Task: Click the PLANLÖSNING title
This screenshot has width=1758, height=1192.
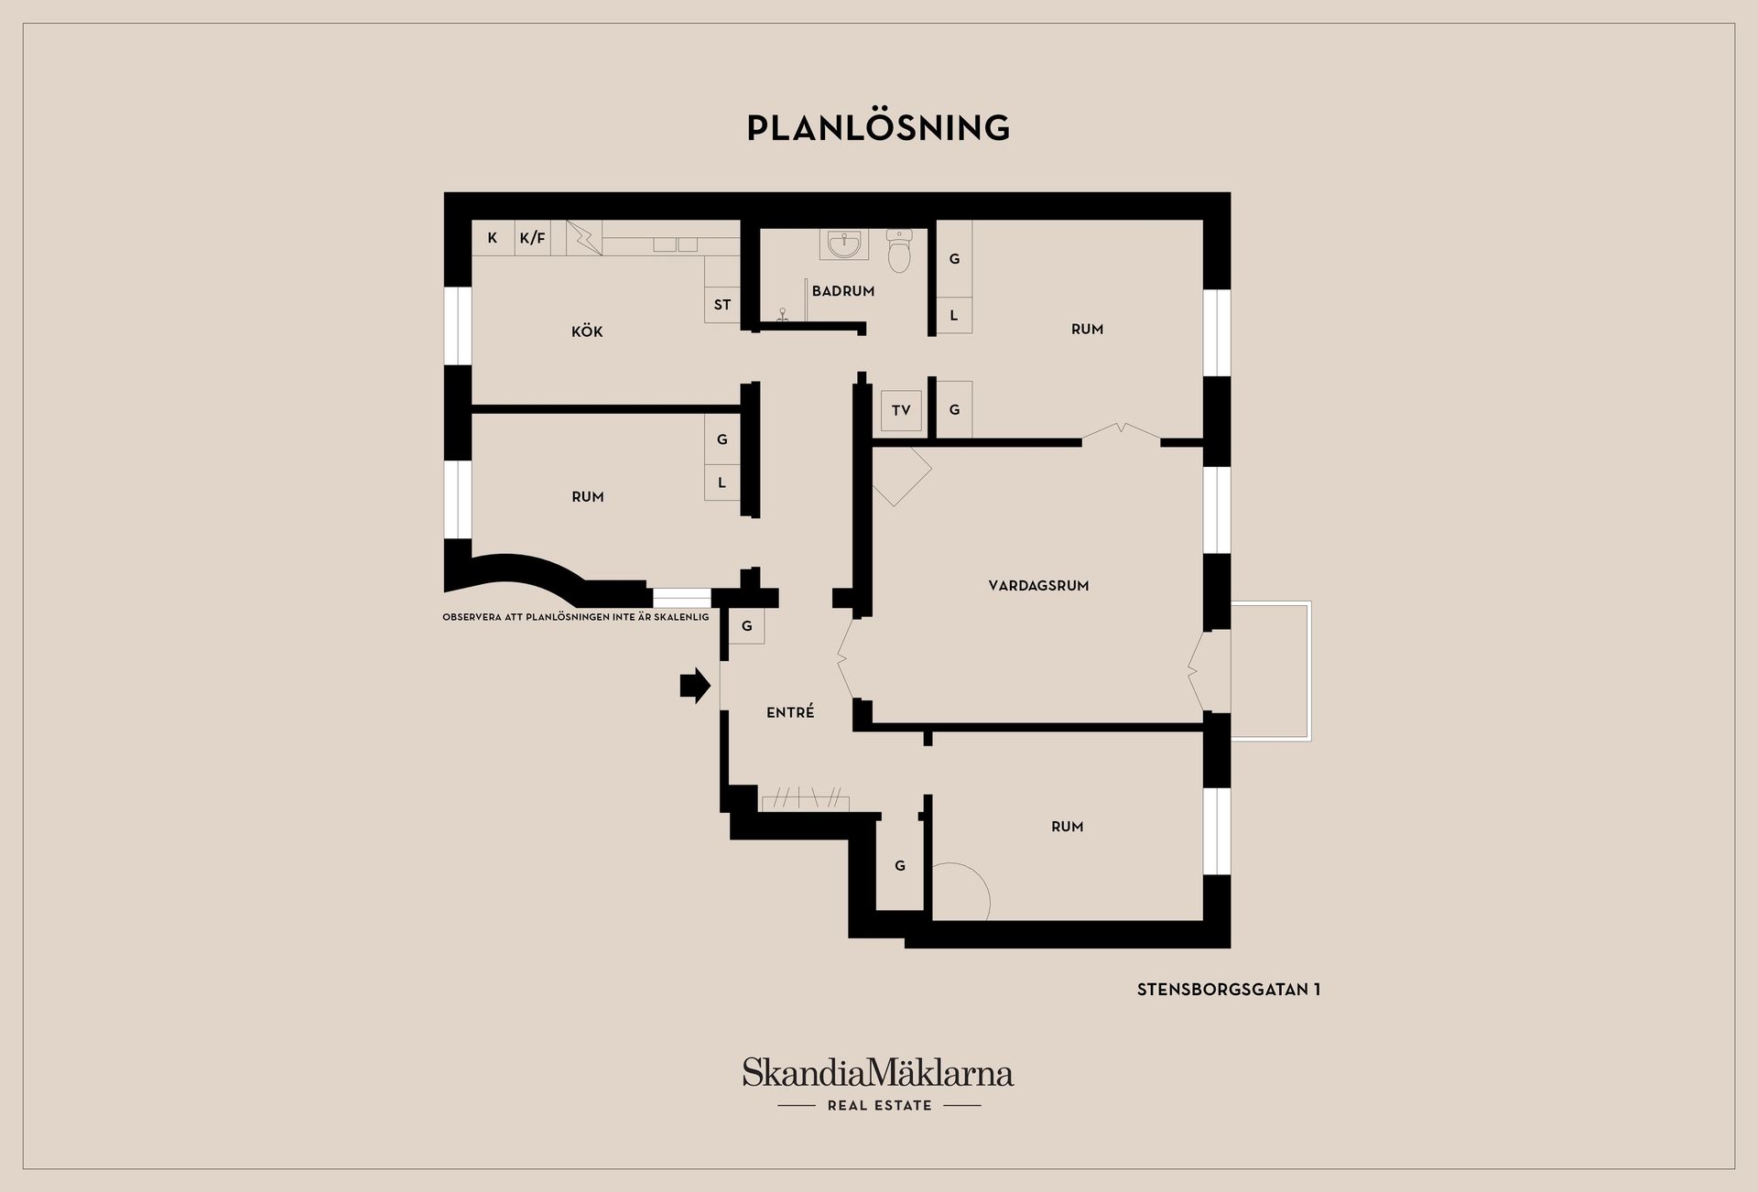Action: coord(878,127)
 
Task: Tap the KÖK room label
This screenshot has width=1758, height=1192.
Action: coord(587,331)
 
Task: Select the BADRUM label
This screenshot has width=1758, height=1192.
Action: coord(843,291)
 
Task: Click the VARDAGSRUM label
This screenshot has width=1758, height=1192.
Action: coord(1038,586)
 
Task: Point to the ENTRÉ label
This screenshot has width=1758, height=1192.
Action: coord(790,712)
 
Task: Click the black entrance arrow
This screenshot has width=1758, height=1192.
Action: coord(695,685)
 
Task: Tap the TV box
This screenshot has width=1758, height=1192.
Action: coord(901,410)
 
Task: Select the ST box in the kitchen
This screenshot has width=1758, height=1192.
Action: coord(722,305)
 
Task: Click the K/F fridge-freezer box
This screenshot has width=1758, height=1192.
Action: coord(532,238)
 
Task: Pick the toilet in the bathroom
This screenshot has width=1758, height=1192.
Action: coord(899,250)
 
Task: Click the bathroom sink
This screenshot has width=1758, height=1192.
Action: coord(843,244)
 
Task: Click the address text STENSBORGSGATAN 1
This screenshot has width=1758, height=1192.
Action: coord(1229,990)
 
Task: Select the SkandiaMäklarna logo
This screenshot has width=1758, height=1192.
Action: coord(878,1072)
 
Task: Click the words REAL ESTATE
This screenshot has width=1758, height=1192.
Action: coord(880,1106)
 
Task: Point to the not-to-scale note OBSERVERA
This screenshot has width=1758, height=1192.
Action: coord(576,617)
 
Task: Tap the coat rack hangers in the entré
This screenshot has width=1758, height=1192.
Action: coord(805,798)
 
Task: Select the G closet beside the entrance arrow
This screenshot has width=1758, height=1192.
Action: coord(747,626)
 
